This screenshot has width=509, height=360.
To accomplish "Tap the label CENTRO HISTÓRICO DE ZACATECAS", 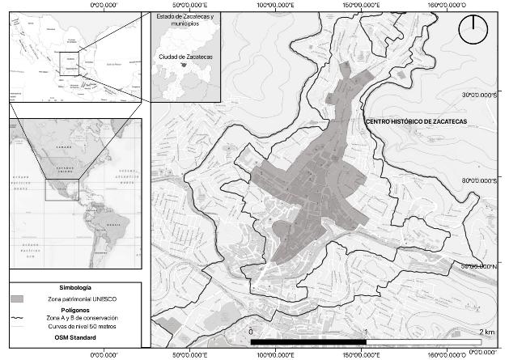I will pyautogui.click(x=417, y=121).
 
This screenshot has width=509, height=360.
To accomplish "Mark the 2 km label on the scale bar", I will pyautogui.click(x=487, y=332).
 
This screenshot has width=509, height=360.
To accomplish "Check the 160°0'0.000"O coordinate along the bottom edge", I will pyautogui.click(x=452, y=354).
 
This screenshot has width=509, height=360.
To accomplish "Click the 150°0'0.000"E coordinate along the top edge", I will pyautogui.click(x=363, y=5).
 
